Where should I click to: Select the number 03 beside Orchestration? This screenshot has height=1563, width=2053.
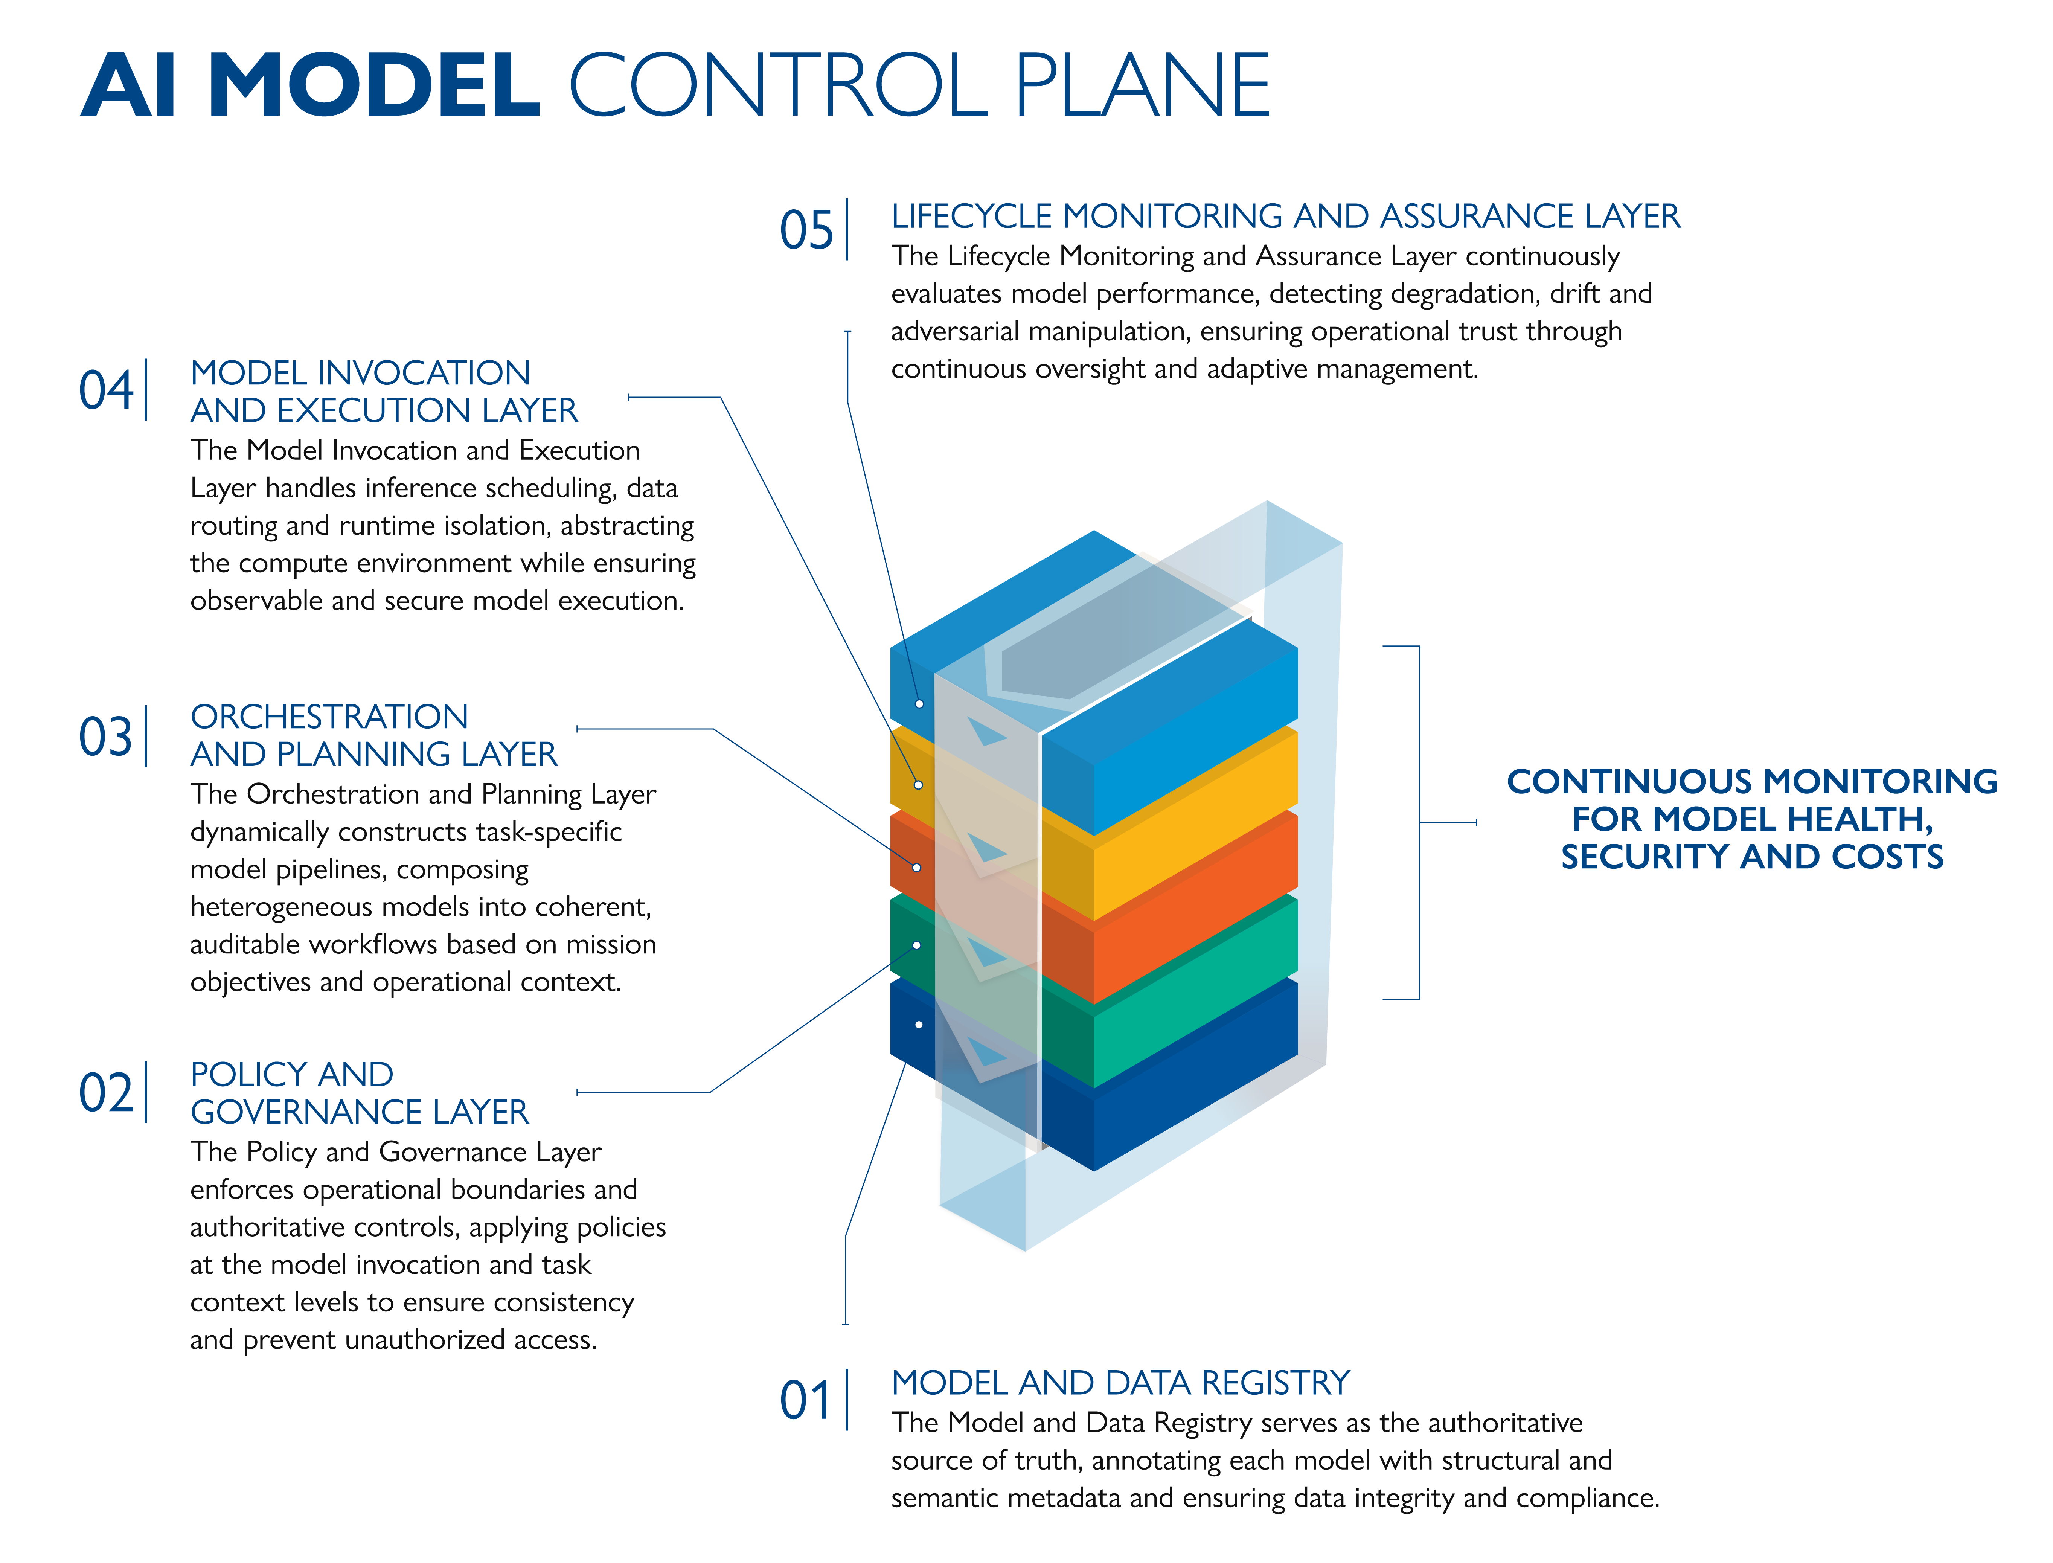tap(106, 737)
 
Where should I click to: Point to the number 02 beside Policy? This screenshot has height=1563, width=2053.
tap(106, 1093)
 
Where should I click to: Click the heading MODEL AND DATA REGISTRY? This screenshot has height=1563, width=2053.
tap(1120, 1383)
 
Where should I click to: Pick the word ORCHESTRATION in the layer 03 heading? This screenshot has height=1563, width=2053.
tap(329, 717)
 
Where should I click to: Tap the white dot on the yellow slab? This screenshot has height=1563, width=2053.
tap(918, 785)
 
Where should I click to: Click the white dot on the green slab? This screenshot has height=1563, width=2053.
tap(917, 945)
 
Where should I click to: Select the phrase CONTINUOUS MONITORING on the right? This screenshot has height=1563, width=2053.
tap(1751, 782)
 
